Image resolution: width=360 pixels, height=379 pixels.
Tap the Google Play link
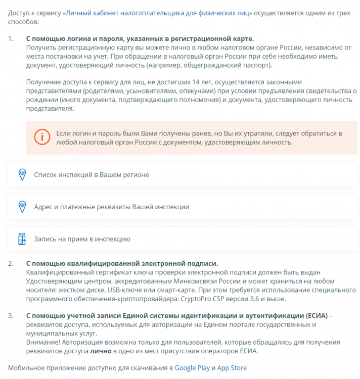coord(192,368)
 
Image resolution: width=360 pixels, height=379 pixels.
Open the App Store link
coord(232,368)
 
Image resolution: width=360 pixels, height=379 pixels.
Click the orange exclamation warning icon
coord(42,137)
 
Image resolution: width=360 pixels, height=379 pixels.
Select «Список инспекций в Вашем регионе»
coord(91,174)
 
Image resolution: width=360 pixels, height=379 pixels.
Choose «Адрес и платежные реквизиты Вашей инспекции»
coord(111,207)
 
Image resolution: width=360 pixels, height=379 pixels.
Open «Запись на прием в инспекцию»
coord(82,239)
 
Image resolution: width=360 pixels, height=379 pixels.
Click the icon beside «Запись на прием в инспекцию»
coord(22,239)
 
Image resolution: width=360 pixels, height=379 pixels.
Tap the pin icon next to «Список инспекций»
coord(22,174)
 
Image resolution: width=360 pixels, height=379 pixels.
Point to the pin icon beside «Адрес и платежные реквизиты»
coord(22,207)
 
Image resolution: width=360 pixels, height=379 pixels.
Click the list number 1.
coord(11,38)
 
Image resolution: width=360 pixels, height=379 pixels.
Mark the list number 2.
coord(11,263)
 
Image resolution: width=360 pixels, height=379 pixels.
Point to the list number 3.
coord(11,315)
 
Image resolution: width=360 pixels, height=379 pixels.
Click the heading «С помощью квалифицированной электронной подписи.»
coord(122,263)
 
